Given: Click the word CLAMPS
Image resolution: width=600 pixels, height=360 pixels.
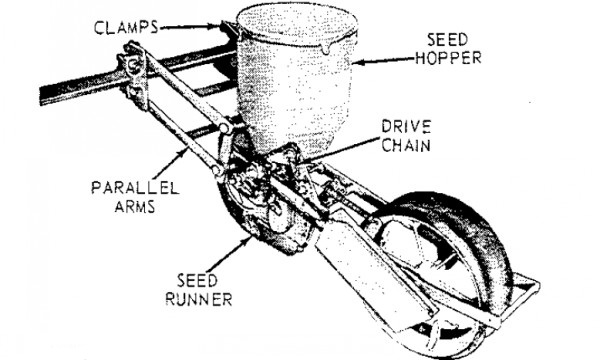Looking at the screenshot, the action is (x=126, y=28).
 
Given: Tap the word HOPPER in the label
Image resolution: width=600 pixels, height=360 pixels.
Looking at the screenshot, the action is (x=448, y=58).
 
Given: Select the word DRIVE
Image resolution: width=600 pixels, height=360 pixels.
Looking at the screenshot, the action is (x=406, y=127).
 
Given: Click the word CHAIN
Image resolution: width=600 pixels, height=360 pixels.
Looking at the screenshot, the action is (x=406, y=145).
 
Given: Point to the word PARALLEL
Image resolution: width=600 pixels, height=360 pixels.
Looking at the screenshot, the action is (x=135, y=188).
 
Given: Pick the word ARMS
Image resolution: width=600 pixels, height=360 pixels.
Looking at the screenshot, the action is (x=135, y=207).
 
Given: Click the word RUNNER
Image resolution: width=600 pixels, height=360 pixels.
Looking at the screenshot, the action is (x=199, y=299).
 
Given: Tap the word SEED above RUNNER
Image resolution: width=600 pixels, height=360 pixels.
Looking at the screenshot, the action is (x=197, y=281).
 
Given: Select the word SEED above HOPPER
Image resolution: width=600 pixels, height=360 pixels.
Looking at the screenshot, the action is (x=447, y=40).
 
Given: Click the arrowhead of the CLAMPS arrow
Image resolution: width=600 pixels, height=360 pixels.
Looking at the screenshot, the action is (x=215, y=27).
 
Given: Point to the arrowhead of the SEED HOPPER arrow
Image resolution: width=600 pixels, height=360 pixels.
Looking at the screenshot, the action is (x=357, y=61).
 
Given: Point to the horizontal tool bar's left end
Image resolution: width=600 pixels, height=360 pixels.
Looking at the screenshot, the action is (x=43, y=95).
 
